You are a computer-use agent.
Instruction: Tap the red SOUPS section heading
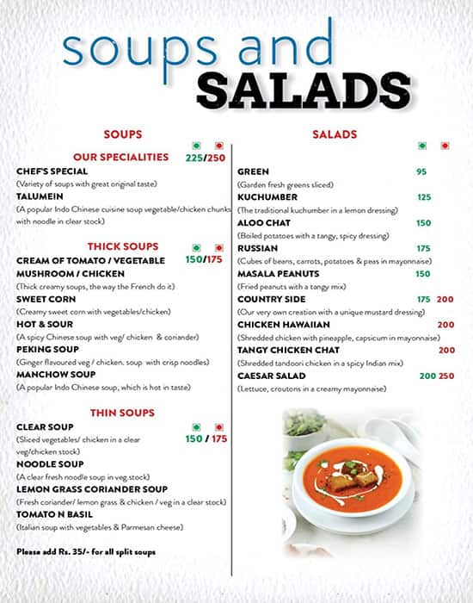click(122, 134)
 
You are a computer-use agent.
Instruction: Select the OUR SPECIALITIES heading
click(120, 157)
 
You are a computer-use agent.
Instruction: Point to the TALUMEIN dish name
click(40, 196)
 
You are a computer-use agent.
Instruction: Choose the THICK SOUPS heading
click(120, 246)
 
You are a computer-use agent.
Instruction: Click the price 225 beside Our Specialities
click(194, 158)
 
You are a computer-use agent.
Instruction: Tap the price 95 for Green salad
click(421, 171)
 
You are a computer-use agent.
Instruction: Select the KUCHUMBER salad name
click(267, 197)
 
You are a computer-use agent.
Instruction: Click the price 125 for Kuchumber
click(423, 197)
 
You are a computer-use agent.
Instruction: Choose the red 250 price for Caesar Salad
click(446, 376)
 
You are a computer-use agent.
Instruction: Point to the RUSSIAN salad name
click(256, 248)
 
